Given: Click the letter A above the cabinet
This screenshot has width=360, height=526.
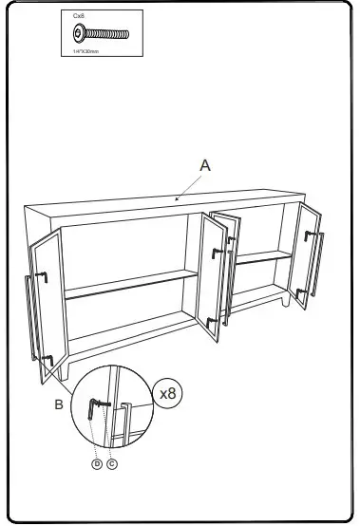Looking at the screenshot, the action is [x=204, y=164].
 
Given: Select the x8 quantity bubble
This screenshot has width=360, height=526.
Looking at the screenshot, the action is [x=167, y=392].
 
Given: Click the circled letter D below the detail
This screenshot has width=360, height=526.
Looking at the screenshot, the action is [x=96, y=464].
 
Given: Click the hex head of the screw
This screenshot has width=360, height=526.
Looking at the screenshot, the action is [x=78, y=35].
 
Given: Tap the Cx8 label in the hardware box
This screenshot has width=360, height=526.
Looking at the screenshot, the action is [x=79, y=16].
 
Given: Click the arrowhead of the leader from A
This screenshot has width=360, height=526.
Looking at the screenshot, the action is [x=178, y=199].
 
